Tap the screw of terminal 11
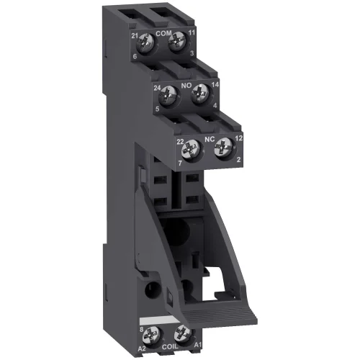tap(174, 45)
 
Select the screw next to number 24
tap(169, 94)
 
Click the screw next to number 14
tap(199, 92)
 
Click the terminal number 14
tap(213, 85)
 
